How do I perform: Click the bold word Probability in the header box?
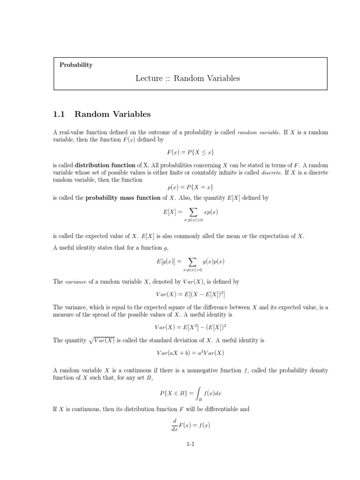76,65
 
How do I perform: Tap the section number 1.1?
60,113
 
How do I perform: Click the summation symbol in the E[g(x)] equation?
192,262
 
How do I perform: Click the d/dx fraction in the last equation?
174,426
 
